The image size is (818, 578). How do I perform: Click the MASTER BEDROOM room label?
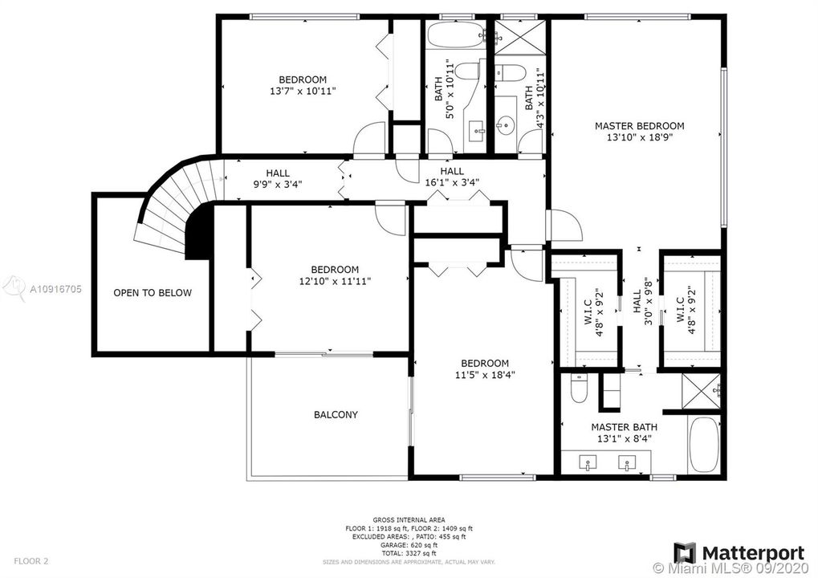click(639, 126)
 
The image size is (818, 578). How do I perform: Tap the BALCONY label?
click(336, 415)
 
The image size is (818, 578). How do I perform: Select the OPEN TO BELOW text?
click(153, 293)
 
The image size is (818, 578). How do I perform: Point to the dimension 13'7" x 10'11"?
click(303, 92)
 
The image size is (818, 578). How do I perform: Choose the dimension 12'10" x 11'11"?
click(335, 281)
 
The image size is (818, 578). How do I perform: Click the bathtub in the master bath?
click(706, 446)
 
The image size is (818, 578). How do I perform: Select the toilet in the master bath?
click(578, 391)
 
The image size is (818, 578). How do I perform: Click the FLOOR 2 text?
click(31, 560)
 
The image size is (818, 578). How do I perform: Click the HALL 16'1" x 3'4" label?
click(451, 177)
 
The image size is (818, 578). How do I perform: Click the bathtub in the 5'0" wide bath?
click(454, 35)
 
